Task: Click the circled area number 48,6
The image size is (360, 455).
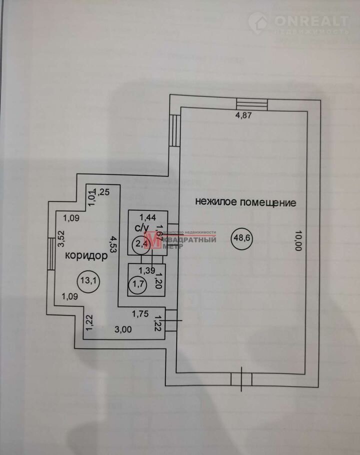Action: pyautogui.click(x=241, y=237)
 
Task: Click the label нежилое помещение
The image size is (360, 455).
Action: pyautogui.click(x=245, y=202)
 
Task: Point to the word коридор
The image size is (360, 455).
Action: pyautogui.click(x=87, y=256)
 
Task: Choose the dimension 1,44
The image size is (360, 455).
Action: pyautogui.click(x=147, y=216)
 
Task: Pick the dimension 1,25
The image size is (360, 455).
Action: pyautogui.click(x=102, y=191)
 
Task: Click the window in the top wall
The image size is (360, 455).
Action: pyautogui.click(x=252, y=103)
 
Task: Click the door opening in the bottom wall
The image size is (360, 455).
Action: pyautogui.click(x=242, y=379)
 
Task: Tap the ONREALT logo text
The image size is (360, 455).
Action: pyautogui.click(x=311, y=21)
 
